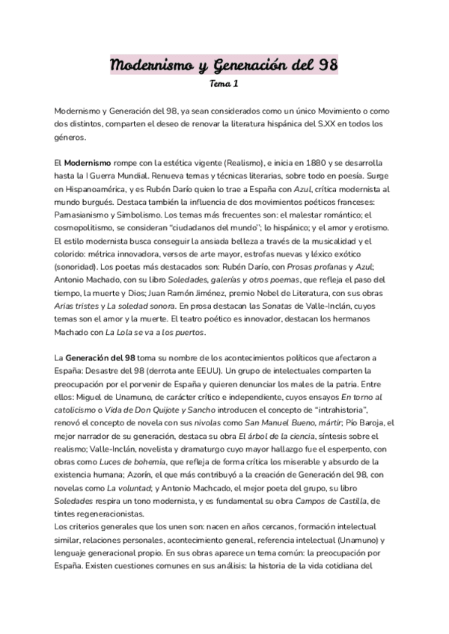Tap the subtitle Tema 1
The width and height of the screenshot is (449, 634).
[x=224, y=84]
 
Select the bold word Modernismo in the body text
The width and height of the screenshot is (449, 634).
[x=88, y=162]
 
